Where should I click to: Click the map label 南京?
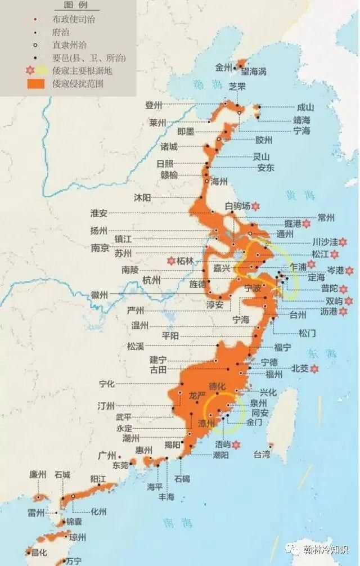coord(101,248)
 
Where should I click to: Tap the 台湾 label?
coord(262,453)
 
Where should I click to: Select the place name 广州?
coord(107,455)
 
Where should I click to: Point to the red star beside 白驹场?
coord(255,206)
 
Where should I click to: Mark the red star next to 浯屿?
coord(237,445)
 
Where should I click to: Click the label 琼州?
coord(78,537)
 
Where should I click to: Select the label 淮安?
coord(99,213)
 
